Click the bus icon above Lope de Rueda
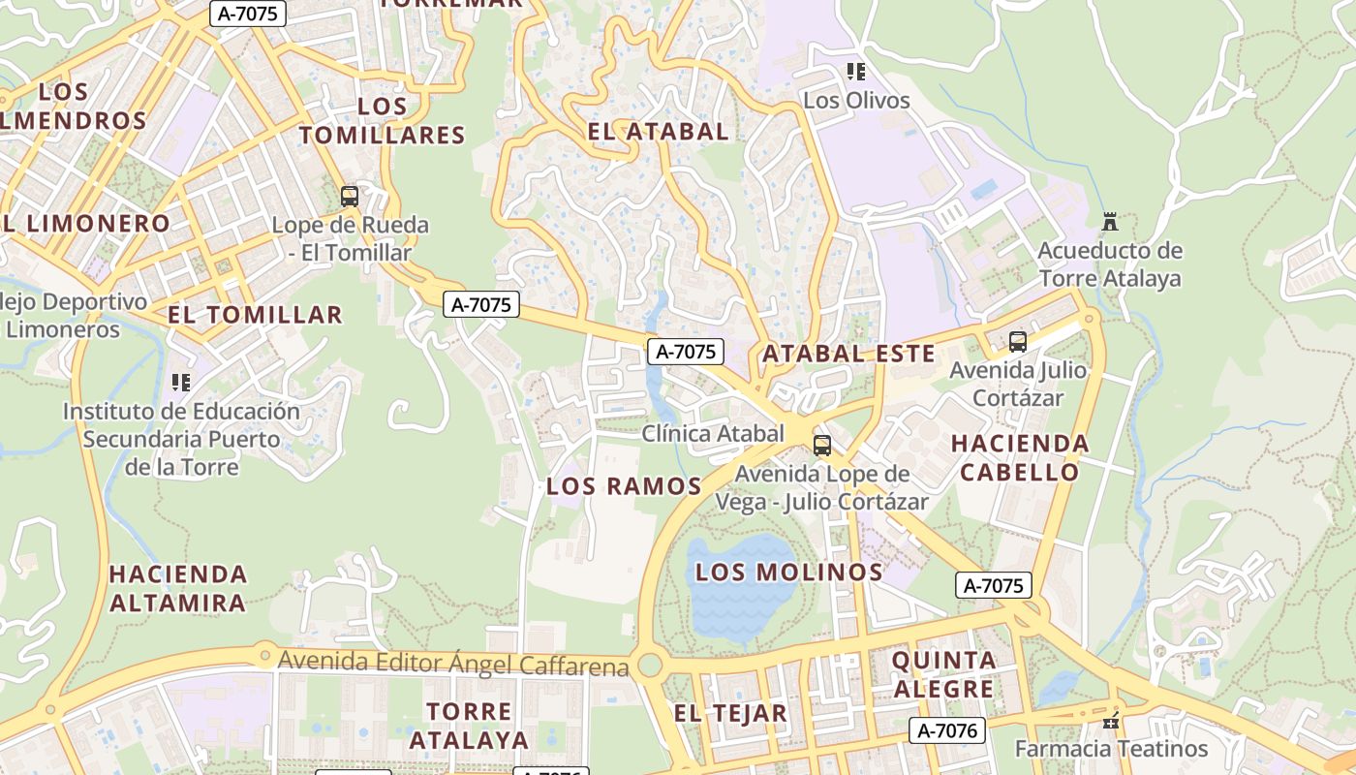pyautogui.click(x=350, y=197)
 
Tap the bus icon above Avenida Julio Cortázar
pyautogui.click(x=1017, y=342)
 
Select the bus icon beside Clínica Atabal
pyautogui.click(x=821, y=446)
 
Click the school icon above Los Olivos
pyautogui.click(x=855, y=72)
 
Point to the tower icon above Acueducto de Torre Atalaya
pyautogui.click(x=1110, y=222)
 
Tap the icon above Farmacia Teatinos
pyautogui.click(x=1111, y=721)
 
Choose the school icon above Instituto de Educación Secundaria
pyautogui.click(x=181, y=383)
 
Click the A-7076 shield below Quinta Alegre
pyautogui.click(x=947, y=730)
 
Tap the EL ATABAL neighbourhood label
pyautogui.click(x=658, y=131)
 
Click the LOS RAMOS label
pyautogui.click(x=624, y=486)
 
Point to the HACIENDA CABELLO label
pyautogui.click(x=1020, y=458)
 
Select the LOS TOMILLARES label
pyautogui.click(x=382, y=120)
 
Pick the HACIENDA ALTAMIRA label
pyautogui.click(x=177, y=588)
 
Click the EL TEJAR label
pyautogui.click(x=730, y=714)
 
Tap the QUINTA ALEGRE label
pyautogui.click(x=942, y=675)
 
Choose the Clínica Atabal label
pyautogui.click(x=713, y=433)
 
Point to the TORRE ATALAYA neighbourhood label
pyautogui.click(x=469, y=726)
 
